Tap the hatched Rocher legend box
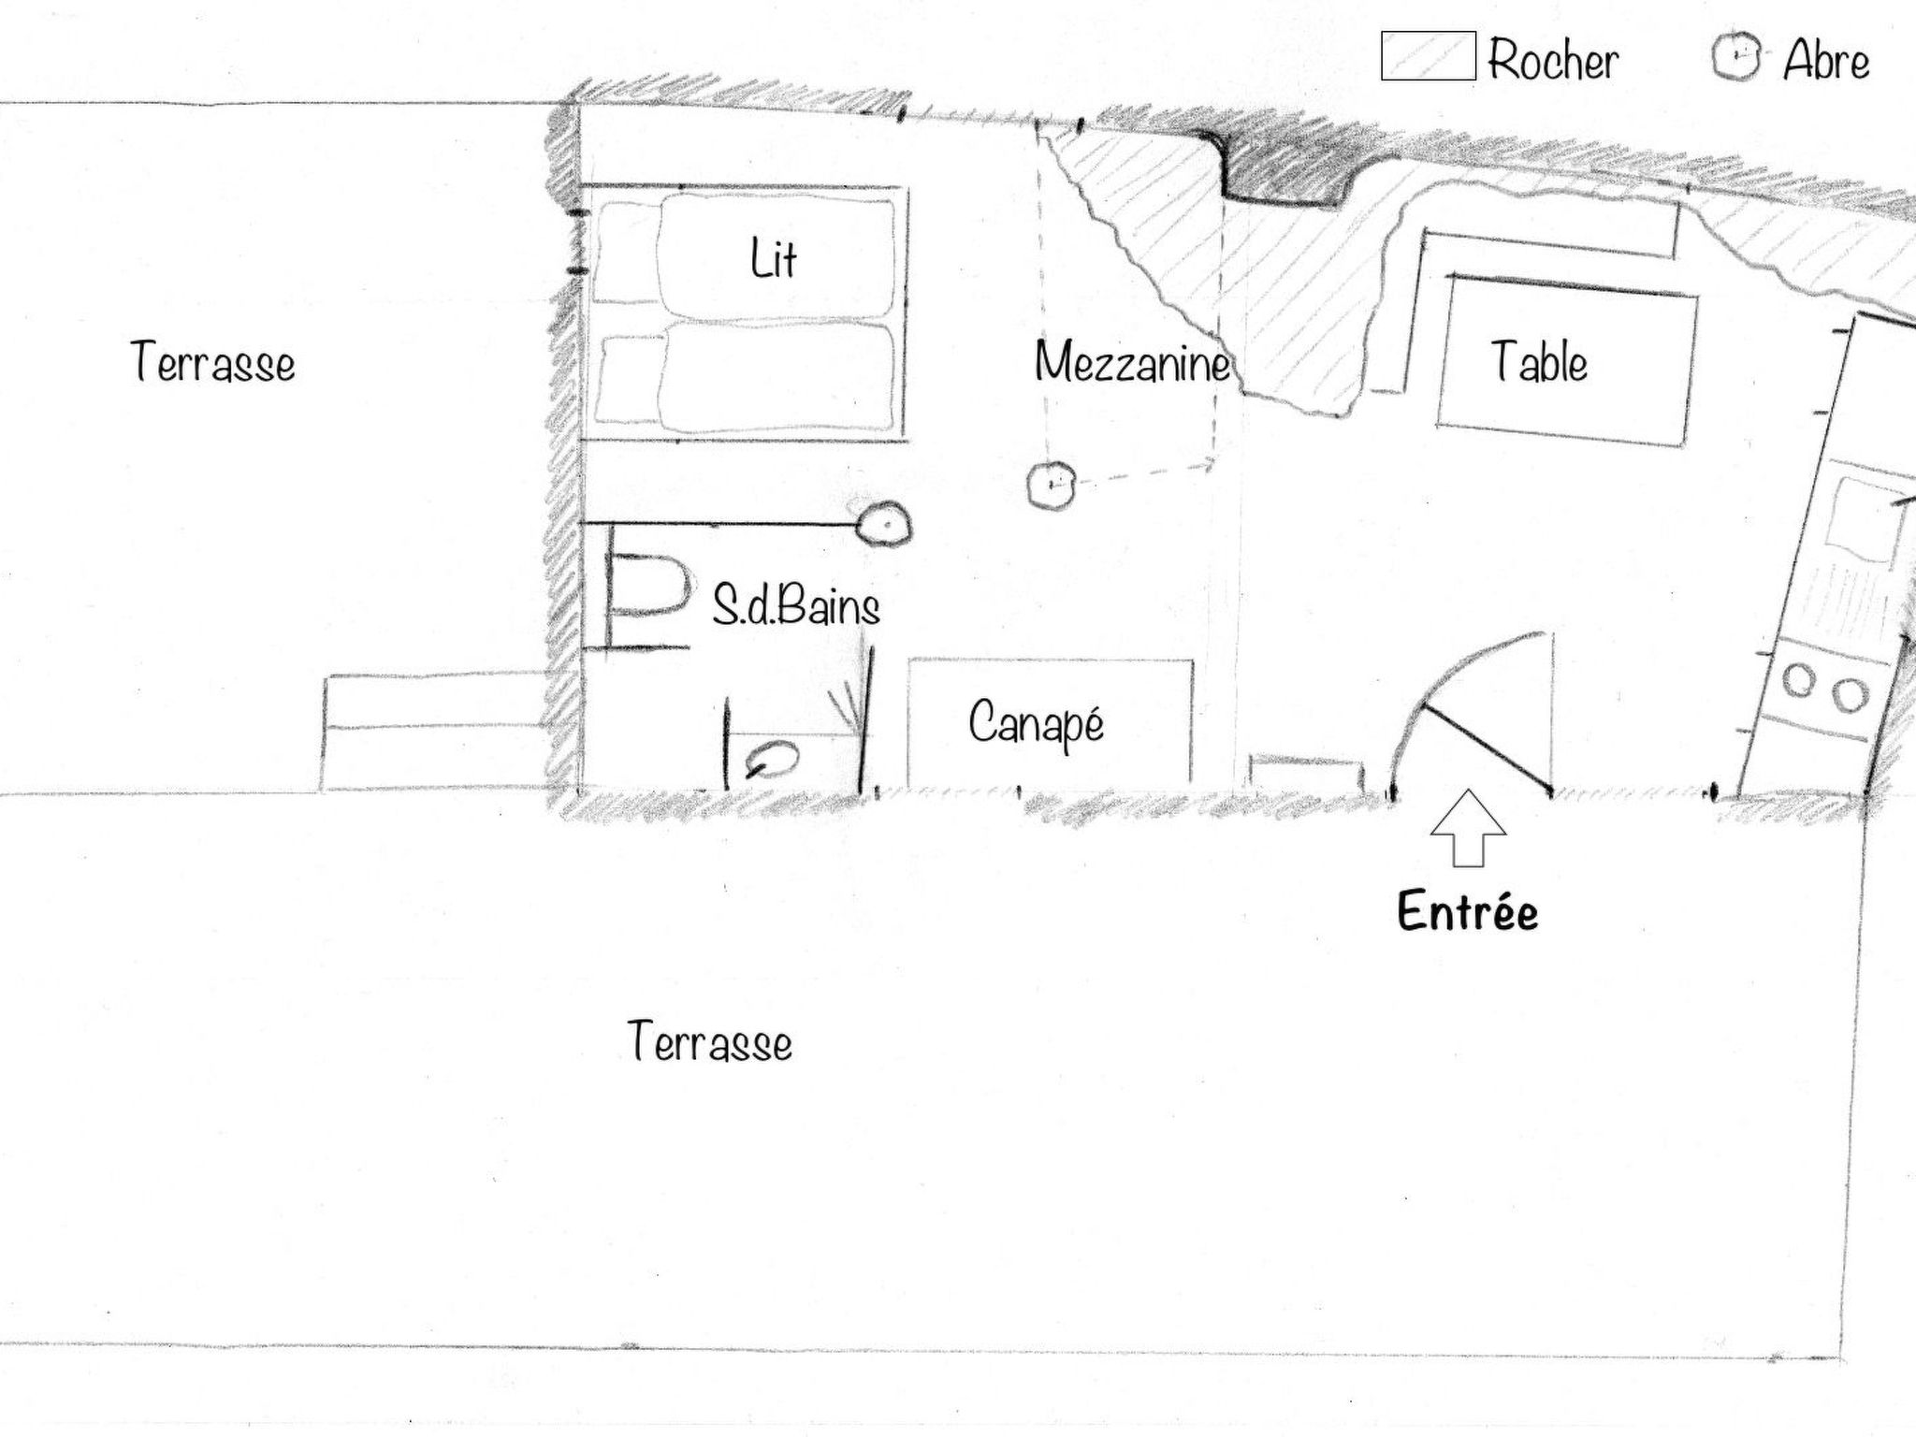pyautogui.click(x=1429, y=56)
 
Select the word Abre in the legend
pyautogui.click(x=1826, y=61)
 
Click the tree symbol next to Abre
pyautogui.click(x=1737, y=57)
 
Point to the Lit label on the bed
pyautogui.click(x=774, y=258)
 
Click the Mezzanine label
pyautogui.click(x=1132, y=362)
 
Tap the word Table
pyautogui.click(x=1539, y=362)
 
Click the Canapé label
pyautogui.click(x=1036, y=723)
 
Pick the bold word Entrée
pyautogui.click(x=1468, y=911)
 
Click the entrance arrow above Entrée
pyautogui.click(x=1468, y=828)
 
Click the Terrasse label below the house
pyautogui.click(x=710, y=1041)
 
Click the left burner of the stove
pyautogui.click(x=1798, y=680)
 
